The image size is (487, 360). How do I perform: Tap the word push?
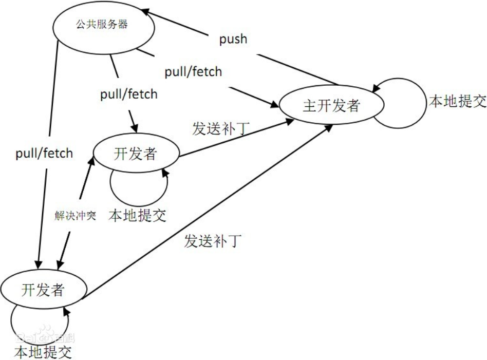click(234, 39)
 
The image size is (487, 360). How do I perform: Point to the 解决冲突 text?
click(76, 215)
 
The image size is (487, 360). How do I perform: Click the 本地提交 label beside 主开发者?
click(457, 101)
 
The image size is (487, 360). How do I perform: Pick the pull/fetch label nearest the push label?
click(193, 71)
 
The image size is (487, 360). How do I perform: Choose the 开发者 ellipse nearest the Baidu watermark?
click(43, 290)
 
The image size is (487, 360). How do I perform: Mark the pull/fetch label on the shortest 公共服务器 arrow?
click(129, 94)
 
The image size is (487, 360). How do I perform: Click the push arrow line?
click(241, 49)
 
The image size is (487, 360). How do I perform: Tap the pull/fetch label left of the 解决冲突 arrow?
click(44, 153)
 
